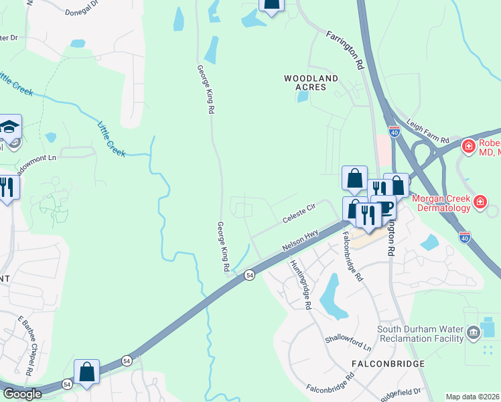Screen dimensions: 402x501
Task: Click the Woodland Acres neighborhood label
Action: click(311, 82)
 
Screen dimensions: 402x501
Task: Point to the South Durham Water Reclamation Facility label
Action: click(420, 333)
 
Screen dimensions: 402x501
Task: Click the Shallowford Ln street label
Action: click(348, 343)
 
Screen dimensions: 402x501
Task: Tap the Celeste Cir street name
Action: click(299, 214)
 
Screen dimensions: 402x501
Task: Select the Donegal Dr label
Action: click(82, 12)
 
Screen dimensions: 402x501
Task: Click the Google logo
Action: click(22, 394)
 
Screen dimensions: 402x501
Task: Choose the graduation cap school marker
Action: click(10, 126)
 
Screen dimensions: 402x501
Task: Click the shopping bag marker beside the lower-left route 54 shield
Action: click(87, 371)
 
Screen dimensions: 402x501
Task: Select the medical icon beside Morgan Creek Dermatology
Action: click(480, 202)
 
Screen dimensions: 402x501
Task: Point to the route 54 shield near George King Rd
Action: click(249, 275)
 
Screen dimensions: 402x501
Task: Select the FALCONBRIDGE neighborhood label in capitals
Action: click(388, 363)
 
